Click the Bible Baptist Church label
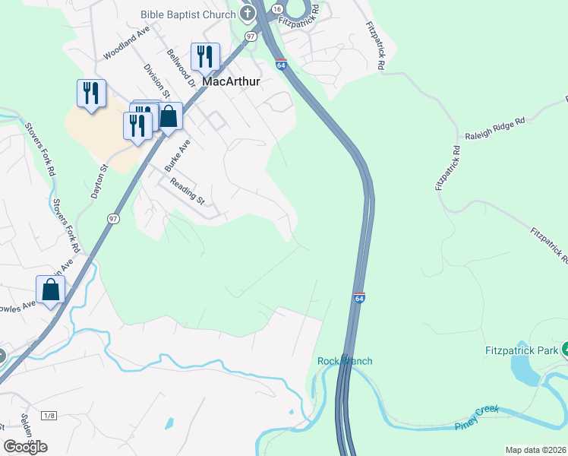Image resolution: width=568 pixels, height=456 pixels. [188, 14]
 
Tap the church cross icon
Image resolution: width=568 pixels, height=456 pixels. [248, 13]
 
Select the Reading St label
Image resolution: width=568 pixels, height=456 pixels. [188, 191]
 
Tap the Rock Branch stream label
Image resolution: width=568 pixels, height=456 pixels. [345, 361]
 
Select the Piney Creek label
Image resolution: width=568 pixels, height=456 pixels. [477, 418]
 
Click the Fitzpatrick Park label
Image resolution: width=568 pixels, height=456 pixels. [521, 350]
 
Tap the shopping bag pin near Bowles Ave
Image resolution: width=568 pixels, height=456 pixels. [50, 290]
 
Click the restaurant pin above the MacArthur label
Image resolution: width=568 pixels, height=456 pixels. [204, 56]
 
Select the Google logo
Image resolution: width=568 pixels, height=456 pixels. [25, 447]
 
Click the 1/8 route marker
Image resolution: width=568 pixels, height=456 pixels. [49, 415]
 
